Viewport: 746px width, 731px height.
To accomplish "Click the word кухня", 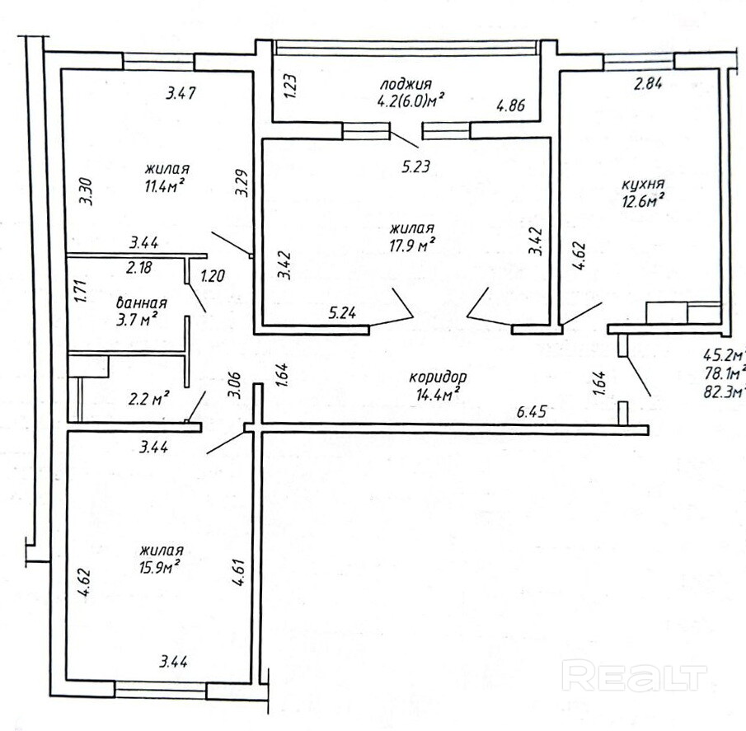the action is pos(643,184).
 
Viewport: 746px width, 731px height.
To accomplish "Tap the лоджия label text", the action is pos(406,85).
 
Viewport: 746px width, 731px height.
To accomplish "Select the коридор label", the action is pos(438,377).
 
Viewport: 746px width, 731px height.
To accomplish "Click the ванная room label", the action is pos(141,302).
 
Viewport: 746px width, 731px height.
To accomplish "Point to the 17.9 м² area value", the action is pos(412,246).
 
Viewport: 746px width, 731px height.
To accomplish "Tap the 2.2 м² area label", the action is pos(149,399).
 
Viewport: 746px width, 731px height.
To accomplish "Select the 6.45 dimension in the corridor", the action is pos(531,411).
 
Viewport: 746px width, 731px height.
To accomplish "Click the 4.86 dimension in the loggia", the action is pos(511,105).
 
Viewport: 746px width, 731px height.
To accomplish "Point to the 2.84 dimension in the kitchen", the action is pos(648,84).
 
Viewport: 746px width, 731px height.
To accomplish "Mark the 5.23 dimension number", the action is pos(415,166).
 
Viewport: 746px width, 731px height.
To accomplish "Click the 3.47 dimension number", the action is pos(181,93).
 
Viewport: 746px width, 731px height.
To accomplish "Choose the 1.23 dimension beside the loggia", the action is pos(292,86).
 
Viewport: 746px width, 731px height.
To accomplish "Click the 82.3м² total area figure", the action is pos(724,393).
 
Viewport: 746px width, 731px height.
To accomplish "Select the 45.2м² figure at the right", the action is pos(724,356).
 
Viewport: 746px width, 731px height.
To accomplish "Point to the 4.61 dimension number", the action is pos(238,572).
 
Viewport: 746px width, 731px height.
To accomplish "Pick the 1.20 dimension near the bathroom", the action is pos(212,276).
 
